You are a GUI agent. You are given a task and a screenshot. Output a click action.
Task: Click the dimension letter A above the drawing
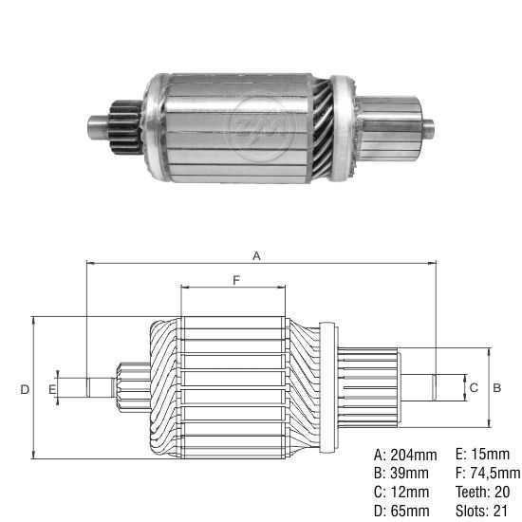click(x=256, y=255)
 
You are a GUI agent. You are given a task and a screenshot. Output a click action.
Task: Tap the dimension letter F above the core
click(x=236, y=280)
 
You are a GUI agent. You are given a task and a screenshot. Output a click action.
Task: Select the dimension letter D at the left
click(x=25, y=389)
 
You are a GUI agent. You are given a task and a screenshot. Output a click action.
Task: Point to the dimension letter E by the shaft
click(x=52, y=389)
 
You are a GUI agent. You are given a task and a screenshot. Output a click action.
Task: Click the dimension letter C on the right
click(x=474, y=387)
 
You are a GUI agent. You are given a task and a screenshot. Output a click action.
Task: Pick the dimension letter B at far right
click(x=496, y=387)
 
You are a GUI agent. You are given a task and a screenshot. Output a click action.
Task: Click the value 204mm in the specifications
click(x=414, y=455)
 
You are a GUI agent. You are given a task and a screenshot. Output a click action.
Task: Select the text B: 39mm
click(x=401, y=473)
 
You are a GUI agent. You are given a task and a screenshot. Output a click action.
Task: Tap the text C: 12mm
click(x=401, y=492)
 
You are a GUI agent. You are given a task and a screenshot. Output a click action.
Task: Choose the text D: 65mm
click(x=401, y=511)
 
